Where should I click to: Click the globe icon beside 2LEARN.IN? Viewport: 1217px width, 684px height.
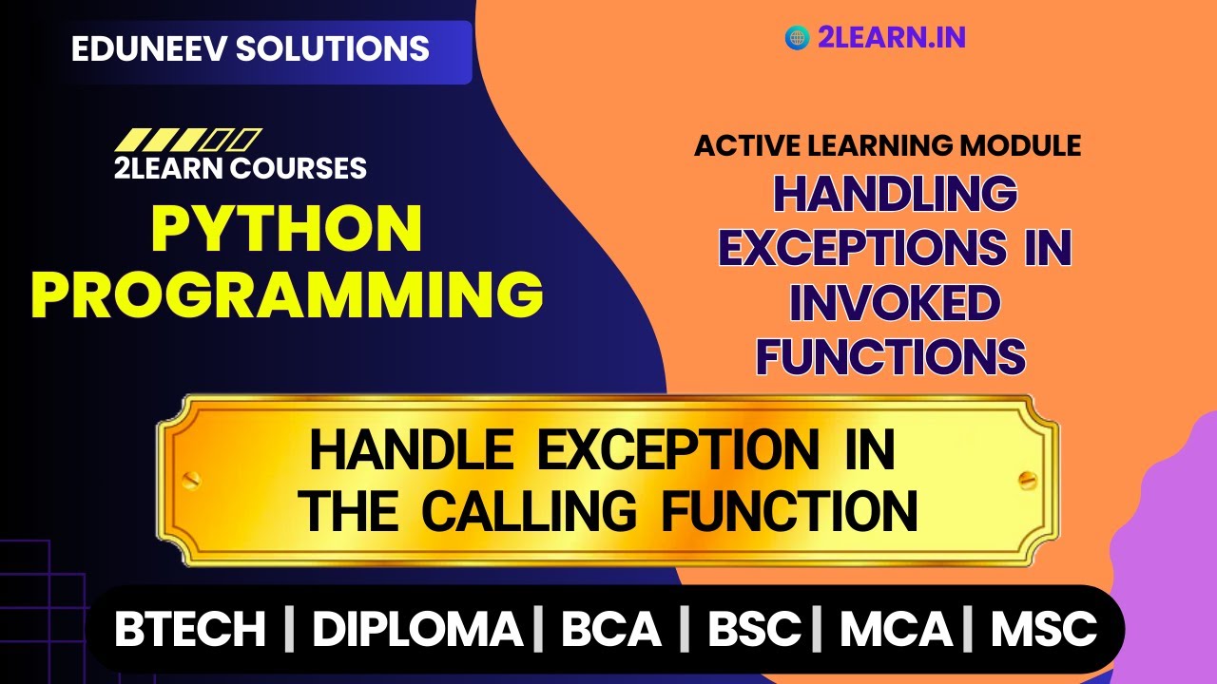pyautogui.click(x=796, y=37)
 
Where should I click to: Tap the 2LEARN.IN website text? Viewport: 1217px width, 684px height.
pyautogui.click(x=891, y=37)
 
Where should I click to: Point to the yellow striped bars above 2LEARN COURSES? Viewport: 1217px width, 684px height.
pyautogui.click(x=187, y=141)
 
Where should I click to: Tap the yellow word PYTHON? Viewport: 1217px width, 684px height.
pyautogui.click(x=287, y=230)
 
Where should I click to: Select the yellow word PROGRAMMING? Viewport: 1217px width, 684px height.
pyautogui.click(x=287, y=294)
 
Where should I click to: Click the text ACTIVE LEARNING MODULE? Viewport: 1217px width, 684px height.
pyautogui.click(x=887, y=145)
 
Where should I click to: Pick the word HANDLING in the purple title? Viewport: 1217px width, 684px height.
pyautogui.click(x=895, y=195)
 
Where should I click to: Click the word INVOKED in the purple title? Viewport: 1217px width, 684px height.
pyautogui.click(x=895, y=304)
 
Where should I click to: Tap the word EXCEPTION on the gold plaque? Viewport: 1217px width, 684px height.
pyautogui.click(x=678, y=451)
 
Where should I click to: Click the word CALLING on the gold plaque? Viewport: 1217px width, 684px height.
pyautogui.click(x=530, y=512)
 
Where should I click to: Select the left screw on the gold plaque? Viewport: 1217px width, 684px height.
pyautogui.click(x=191, y=478)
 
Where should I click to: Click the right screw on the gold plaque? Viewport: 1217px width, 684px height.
pyautogui.click(x=1026, y=478)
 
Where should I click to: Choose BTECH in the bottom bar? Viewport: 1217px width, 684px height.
pyautogui.click(x=190, y=630)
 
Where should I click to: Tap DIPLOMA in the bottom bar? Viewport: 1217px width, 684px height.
pyautogui.click(x=417, y=630)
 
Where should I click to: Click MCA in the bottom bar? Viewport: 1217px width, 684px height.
pyautogui.click(x=896, y=630)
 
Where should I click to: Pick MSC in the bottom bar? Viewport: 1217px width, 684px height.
pyautogui.click(x=1044, y=630)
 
